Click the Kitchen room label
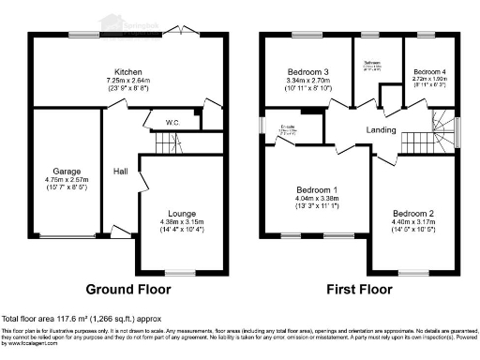[128, 71]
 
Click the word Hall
[121, 172]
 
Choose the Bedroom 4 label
[429, 71]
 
